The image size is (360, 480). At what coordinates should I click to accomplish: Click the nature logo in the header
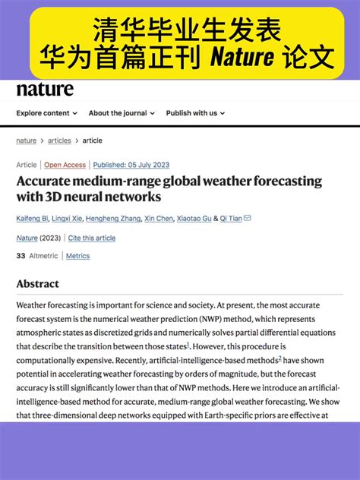[x=45, y=90]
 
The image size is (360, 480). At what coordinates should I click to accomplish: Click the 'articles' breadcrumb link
[x=59, y=141]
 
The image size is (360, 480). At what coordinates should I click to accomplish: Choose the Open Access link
[x=65, y=165]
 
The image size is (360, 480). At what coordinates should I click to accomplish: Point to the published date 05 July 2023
[x=131, y=165]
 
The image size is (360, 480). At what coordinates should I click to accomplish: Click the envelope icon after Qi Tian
[x=247, y=218]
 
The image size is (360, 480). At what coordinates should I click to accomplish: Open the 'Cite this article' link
[x=92, y=238]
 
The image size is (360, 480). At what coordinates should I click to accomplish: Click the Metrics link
[x=77, y=256]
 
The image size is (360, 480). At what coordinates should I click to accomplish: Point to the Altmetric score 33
[x=21, y=256]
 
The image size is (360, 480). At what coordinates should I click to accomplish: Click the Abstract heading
[x=37, y=284]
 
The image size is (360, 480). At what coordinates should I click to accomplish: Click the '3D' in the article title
[x=55, y=197]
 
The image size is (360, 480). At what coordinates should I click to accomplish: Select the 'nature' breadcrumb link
[x=26, y=141]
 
